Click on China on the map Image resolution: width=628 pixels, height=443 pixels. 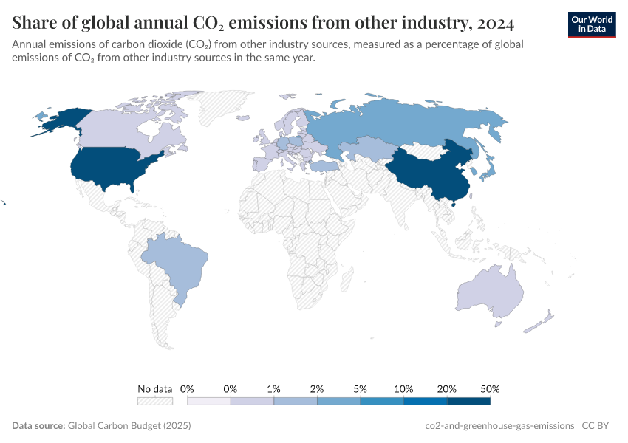click(x=425, y=174)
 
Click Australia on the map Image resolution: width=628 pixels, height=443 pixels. click(x=488, y=292)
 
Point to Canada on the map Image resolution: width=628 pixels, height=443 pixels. click(x=118, y=129)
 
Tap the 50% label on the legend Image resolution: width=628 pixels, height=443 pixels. click(x=491, y=388)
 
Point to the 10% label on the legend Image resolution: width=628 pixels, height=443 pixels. click(x=403, y=388)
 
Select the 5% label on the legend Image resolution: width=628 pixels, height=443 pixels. click(x=361, y=388)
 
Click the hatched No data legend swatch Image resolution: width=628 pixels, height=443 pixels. click(x=155, y=401)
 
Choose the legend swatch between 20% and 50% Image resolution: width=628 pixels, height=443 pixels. click(x=469, y=401)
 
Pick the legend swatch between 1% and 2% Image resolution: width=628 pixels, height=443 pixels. click(x=296, y=401)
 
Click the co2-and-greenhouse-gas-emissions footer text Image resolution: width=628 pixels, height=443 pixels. click(x=499, y=425)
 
